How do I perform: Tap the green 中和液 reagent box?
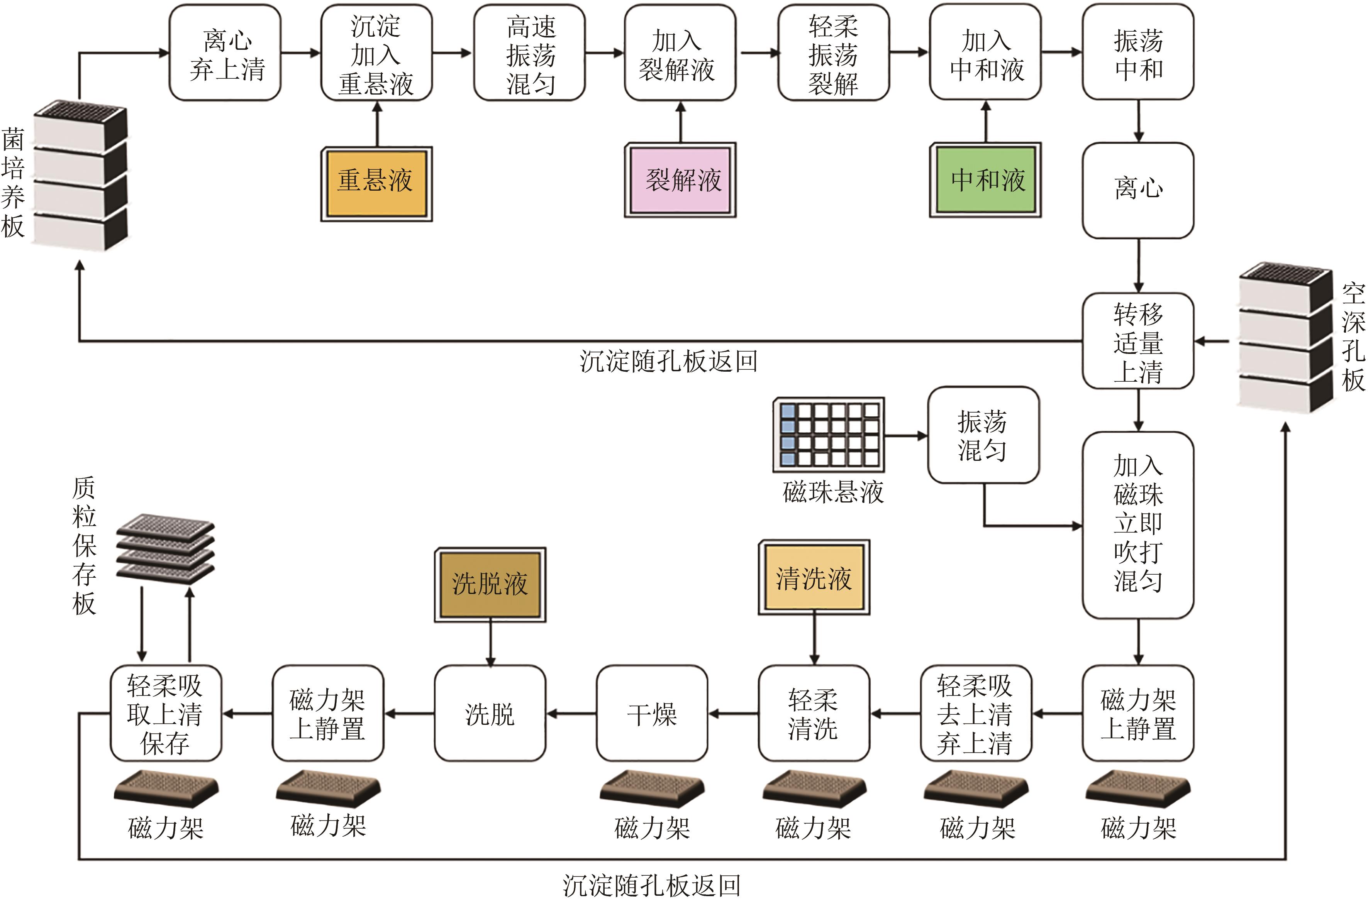(x=985, y=180)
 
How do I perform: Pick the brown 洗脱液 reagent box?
(x=490, y=585)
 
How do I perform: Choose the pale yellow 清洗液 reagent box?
(x=814, y=578)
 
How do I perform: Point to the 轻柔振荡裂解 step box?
(x=834, y=53)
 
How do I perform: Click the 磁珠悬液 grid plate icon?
(x=828, y=435)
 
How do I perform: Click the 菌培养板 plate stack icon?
(x=80, y=176)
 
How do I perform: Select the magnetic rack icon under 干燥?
(x=652, y=788)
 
